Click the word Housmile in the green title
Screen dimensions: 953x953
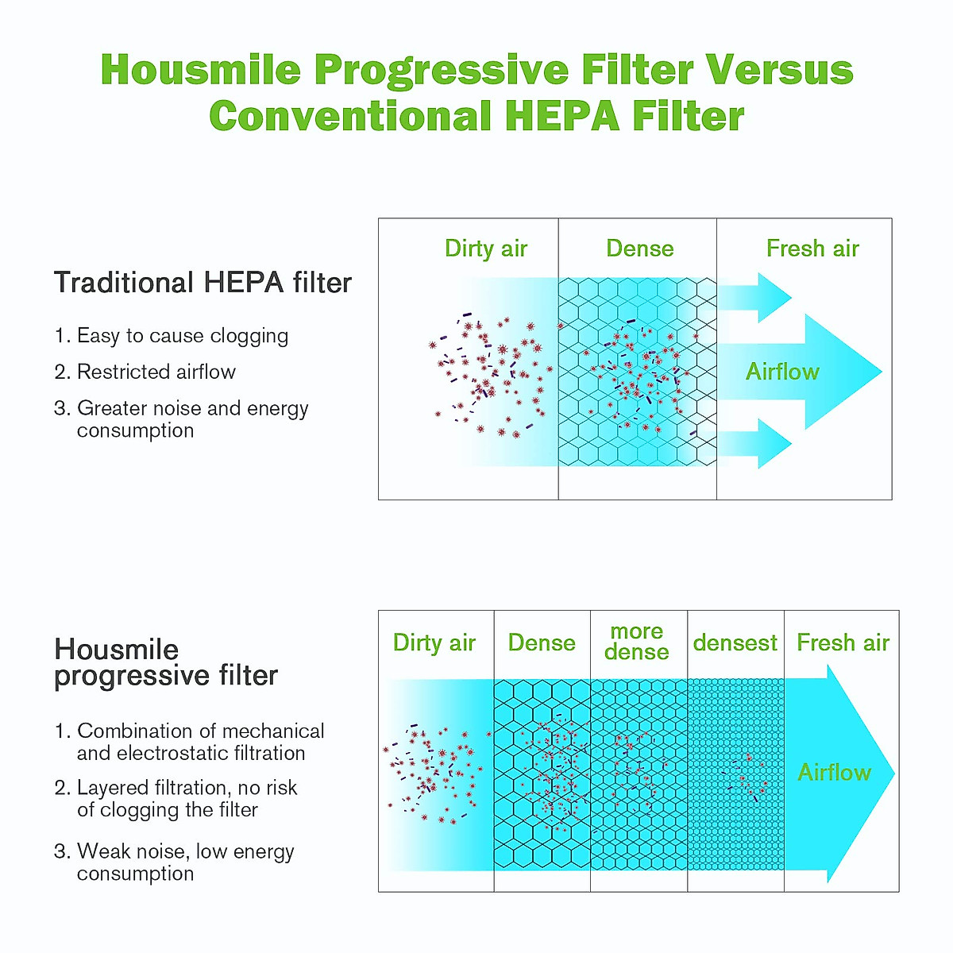201,69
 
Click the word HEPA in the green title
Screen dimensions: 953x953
561,116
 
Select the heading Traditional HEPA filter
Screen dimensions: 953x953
203,283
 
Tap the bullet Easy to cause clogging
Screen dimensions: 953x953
171,336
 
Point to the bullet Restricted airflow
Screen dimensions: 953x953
145,372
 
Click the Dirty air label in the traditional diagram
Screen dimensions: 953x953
486,249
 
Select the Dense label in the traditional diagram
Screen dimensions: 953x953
640,249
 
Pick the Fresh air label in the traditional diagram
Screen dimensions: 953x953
812,249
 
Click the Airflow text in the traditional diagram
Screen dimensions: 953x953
782,372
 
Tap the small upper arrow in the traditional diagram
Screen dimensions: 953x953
755,298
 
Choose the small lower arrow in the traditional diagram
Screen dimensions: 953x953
755,444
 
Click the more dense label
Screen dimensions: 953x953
636,642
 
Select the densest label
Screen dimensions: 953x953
735,643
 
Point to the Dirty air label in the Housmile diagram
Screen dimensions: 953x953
434,643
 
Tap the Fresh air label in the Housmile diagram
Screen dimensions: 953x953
843,643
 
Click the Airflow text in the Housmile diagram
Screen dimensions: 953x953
835,772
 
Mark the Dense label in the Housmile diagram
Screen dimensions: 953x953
542,643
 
